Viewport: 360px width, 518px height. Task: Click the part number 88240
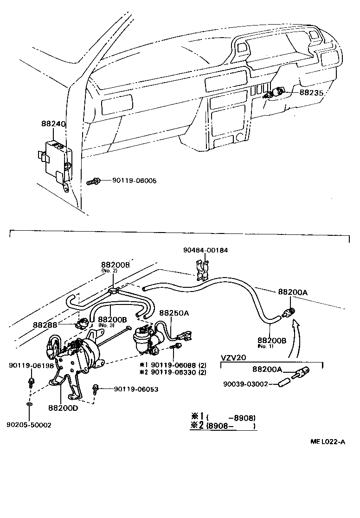pos(53,124)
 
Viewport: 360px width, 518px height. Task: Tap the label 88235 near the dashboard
pos(311,92)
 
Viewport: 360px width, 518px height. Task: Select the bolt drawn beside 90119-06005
pos(92,181)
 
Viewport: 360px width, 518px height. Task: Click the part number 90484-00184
pos(205,250)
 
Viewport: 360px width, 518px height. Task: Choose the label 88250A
pos(174,313)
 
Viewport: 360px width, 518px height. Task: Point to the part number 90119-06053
pos(136,389)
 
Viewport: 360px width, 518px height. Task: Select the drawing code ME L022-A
pos(328,441)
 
